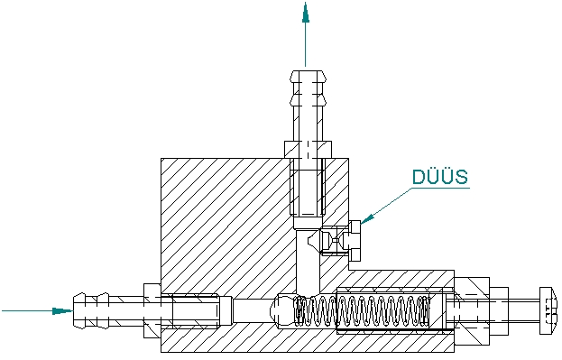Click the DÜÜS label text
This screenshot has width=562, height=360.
440,177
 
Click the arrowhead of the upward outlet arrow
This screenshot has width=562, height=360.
306,13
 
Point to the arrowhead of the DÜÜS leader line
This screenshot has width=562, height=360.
367,218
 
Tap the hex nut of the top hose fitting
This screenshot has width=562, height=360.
308,150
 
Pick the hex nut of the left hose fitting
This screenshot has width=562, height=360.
152,310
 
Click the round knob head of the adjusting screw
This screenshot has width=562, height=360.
548,310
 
